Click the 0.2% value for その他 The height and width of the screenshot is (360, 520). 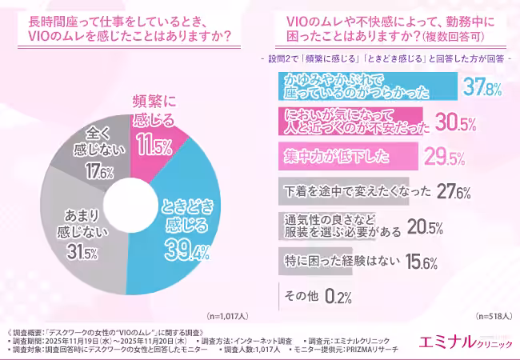pos(338,296)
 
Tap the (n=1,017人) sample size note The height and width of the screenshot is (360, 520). pos(227,315)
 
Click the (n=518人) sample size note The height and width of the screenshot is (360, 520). pos(493,315)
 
